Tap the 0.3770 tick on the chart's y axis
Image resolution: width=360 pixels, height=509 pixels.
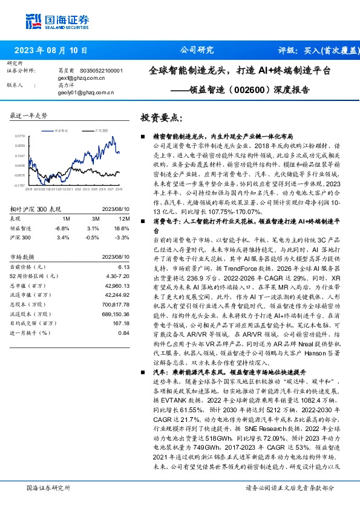[20, 137]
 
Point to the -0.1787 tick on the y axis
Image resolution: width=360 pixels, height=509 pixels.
[20, 186]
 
